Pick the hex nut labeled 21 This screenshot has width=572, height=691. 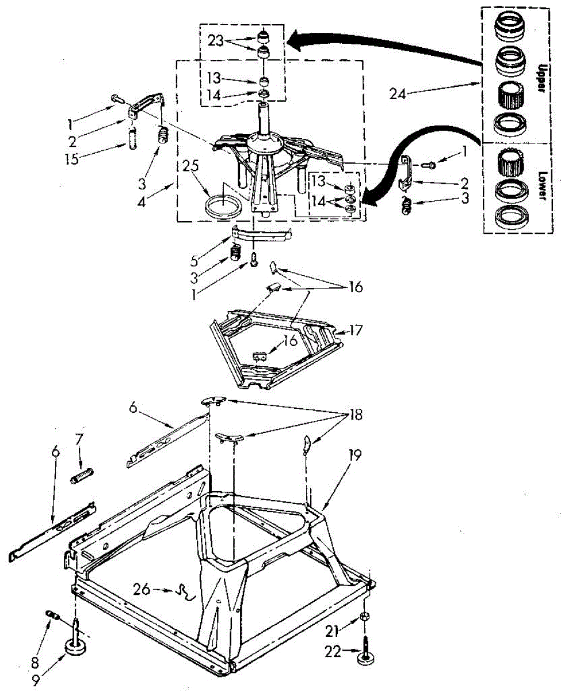(364, 617)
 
